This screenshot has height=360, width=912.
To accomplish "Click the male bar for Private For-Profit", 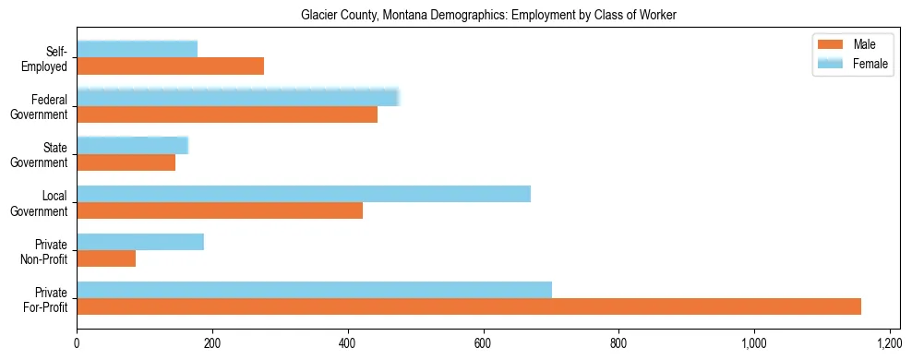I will tap(469, 306).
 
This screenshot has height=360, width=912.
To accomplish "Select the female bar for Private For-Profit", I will tap(314, 290).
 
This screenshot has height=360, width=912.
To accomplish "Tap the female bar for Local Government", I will tap(304, 194).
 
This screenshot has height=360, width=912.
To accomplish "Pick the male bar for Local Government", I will tap(220, 210).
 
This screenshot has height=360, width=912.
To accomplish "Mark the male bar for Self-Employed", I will tap(170, 66).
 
